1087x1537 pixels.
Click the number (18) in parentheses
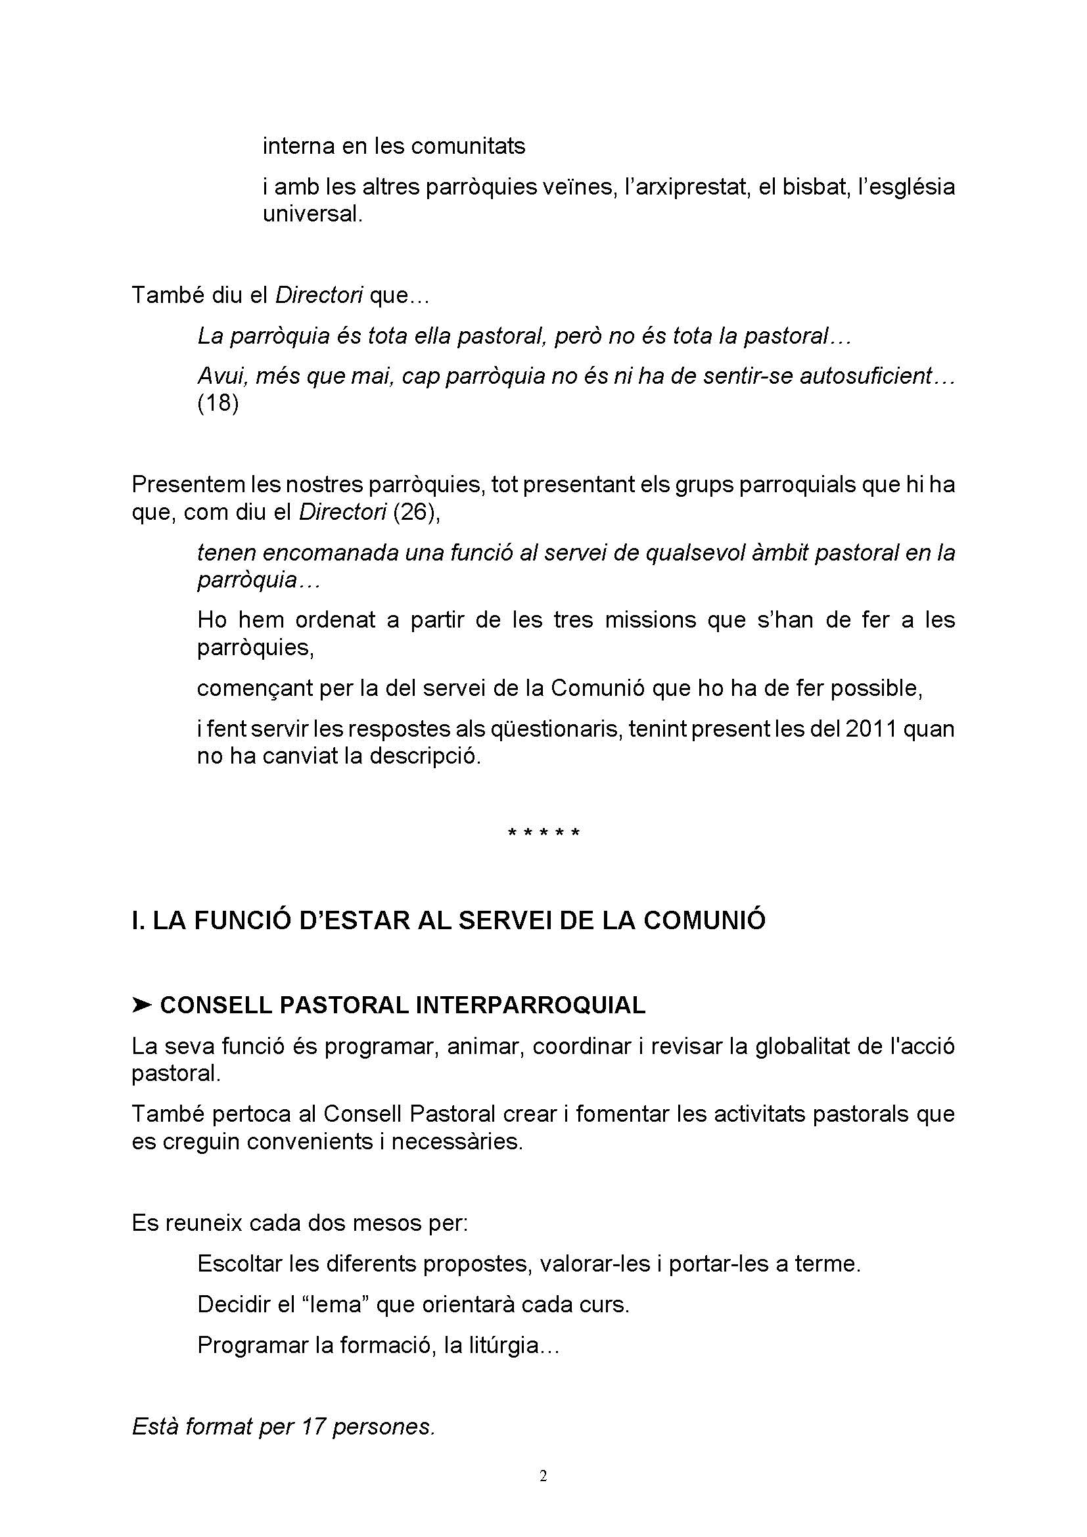218,403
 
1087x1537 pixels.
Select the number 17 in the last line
313,1427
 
